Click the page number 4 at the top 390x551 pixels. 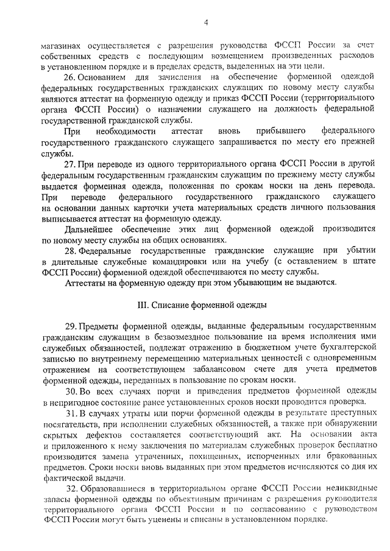[x=206, y=23]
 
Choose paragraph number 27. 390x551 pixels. [x=69, y=164]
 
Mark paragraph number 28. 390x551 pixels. [x=69, y=252]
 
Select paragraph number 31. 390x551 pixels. [x=69, y=413]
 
